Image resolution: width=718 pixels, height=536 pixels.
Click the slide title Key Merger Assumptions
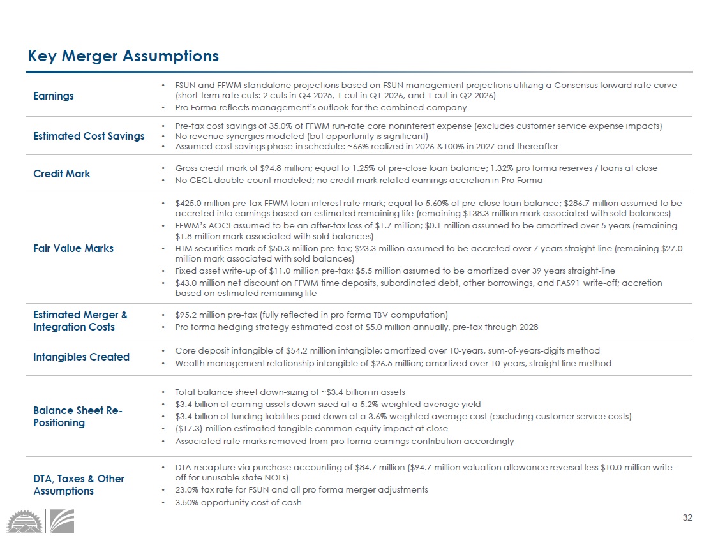coord(123,56)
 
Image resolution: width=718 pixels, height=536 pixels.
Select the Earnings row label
coord(54,96)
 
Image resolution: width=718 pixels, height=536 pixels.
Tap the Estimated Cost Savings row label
coord(89,136)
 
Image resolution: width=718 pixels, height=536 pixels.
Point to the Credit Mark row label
coord(62,174)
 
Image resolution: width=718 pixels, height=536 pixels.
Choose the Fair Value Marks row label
coord(73,248)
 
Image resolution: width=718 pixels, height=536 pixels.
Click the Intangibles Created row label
coord(81,357)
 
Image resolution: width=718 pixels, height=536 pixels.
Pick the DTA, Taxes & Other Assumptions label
coord(79,485)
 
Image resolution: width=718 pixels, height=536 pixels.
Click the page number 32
coord(687,517)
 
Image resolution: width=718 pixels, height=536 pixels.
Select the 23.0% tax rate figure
coord(189,489)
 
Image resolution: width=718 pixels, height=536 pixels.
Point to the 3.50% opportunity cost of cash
coord(189,502)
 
